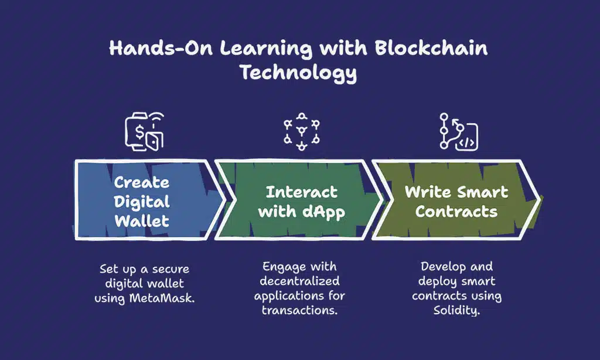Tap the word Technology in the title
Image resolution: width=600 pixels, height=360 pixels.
[x=299, y=74]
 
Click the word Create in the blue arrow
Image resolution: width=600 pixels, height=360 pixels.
[x=142, y=183]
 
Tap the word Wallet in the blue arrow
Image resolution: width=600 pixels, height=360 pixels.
[x=142, y=221]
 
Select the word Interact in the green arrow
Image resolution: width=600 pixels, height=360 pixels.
[x=302, y=192]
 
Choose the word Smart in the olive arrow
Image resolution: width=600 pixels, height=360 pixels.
[x=483, y=192]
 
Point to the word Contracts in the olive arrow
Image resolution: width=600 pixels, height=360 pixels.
[x=456, y=212]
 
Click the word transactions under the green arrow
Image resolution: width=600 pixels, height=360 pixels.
[x=299, y=309]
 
